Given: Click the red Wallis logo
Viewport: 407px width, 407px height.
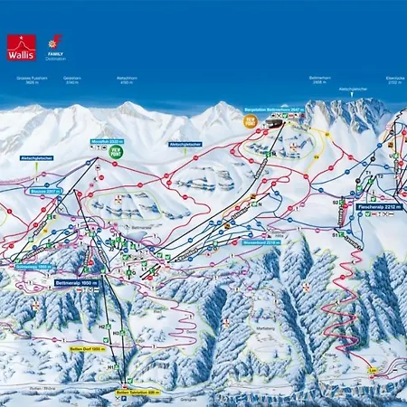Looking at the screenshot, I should coord(20,47).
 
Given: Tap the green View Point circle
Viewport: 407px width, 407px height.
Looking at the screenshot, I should coord(115,154).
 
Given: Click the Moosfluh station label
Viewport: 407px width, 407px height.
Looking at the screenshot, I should coord(106,142).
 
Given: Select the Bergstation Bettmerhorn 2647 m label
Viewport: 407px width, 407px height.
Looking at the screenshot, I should coord(281,108).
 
